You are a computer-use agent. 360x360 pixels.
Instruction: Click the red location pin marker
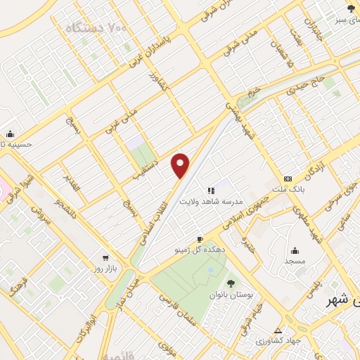[181, 165]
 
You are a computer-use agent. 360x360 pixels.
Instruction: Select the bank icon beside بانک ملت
[288, 179]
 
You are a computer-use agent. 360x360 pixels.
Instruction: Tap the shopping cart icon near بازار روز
[105, 258]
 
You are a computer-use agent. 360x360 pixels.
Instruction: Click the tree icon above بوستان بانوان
[212, 283]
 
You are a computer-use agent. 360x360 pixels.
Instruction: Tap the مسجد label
[295, 262]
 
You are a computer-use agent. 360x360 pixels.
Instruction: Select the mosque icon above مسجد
[295, 250]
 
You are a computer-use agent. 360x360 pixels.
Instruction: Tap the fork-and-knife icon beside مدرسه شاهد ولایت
[210, 190]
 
